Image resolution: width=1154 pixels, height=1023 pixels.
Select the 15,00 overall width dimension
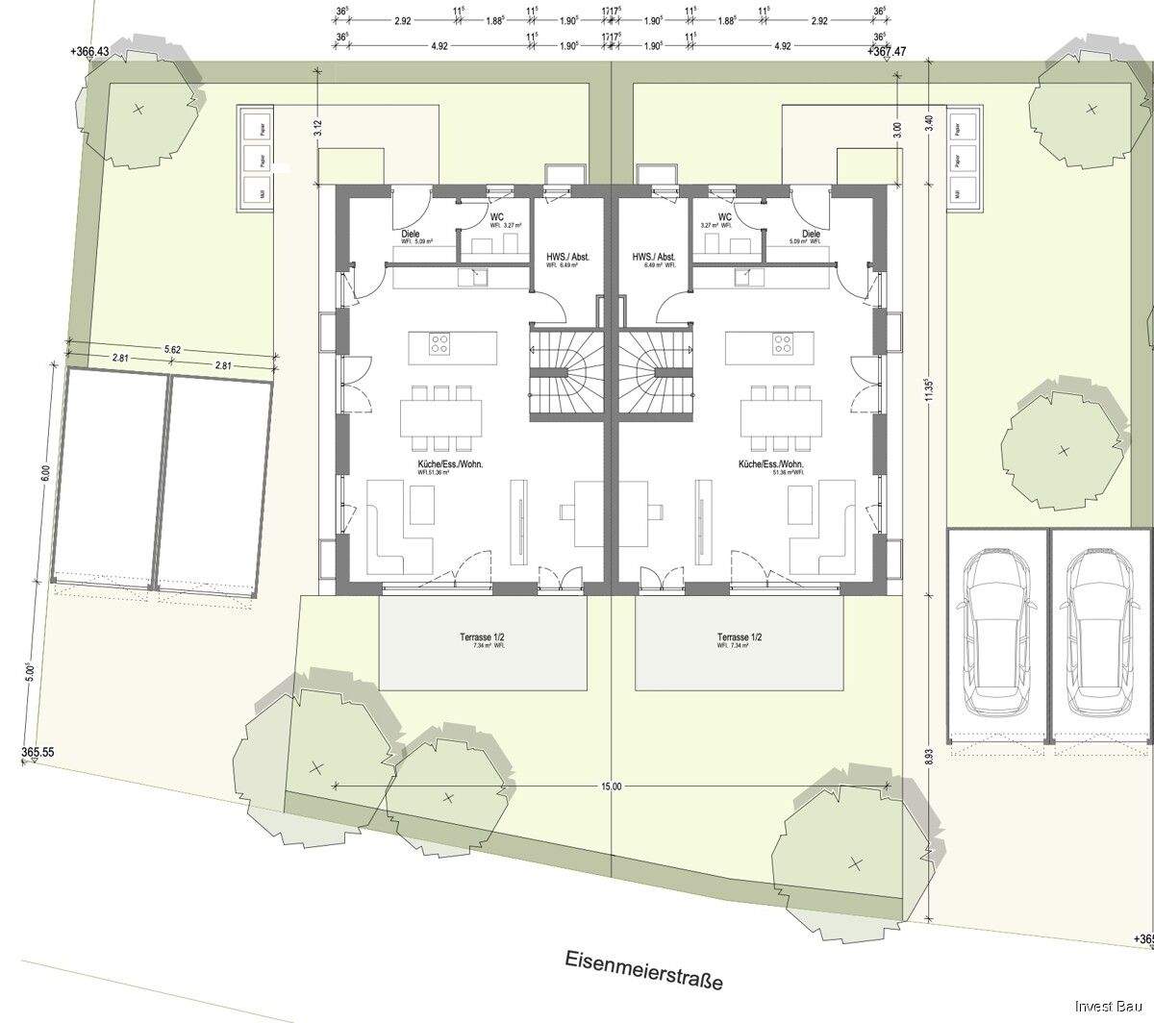click(611, 786)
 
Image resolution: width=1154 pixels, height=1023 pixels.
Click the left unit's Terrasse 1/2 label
click(483, 637)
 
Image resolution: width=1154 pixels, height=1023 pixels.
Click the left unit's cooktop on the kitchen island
click(441, 342)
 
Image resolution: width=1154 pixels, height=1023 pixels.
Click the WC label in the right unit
click(724, 217)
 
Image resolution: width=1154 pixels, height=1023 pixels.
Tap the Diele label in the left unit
click(411, 234)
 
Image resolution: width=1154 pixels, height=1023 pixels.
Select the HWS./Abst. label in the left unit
click(567, 258)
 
